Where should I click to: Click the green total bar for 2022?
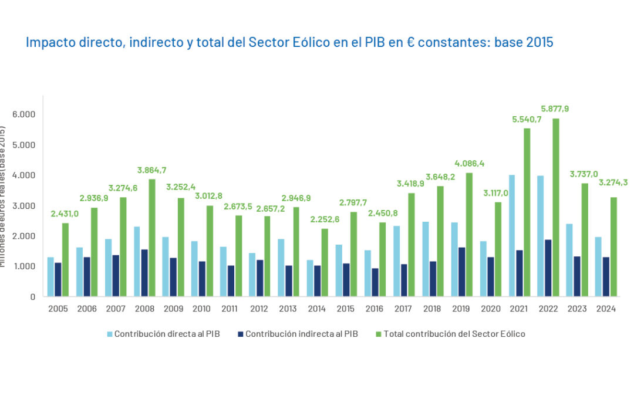(x=555, y=208)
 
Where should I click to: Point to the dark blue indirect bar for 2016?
(x=375, y=282)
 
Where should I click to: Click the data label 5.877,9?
(x=555, y=109)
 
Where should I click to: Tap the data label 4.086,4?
(x=468, y=163)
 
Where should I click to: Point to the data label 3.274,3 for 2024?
(x=612, y=182)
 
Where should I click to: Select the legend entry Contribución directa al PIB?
(x=167, y=334)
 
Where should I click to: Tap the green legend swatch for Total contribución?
(x=379, y=334)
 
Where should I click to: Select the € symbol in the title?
(x=409, y=43)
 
